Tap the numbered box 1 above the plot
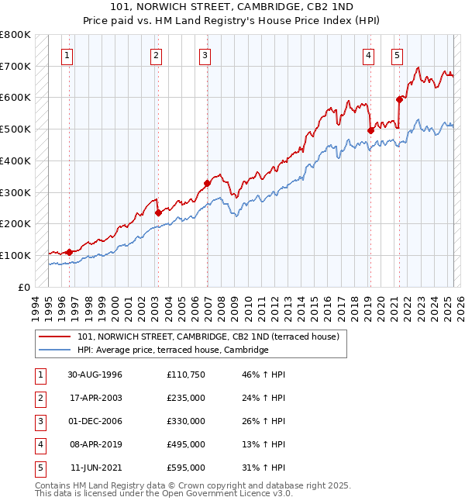coord(68,55)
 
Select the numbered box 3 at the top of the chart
coord(205,55)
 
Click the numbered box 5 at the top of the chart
coord(397,55)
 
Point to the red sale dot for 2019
coord(370,131)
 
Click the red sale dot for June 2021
coord(400,99)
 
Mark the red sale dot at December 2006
coord(207,183)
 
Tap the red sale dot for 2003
coord(157,212)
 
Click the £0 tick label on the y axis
coord(23,287)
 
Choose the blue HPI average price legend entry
coord(173,350)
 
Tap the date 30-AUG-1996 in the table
coord(95,375)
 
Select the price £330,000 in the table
coord(186,421)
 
